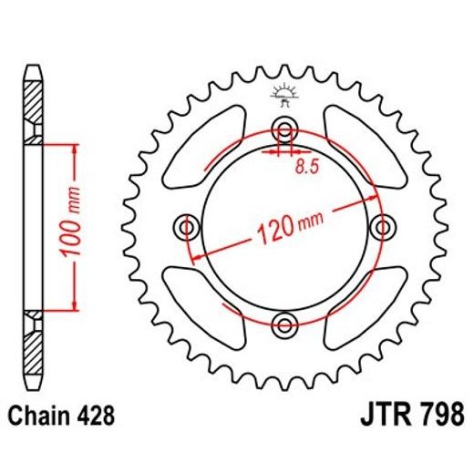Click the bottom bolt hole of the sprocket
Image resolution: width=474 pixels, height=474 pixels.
click(x=284, y=322)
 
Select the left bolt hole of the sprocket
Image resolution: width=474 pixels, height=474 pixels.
click(x=189, y=224)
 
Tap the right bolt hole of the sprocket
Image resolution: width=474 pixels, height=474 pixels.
click(x=382, y=224)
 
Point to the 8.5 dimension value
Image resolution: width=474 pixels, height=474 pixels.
click(x=306, y=167)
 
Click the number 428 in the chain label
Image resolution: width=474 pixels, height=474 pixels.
click(x=94, y=416)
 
